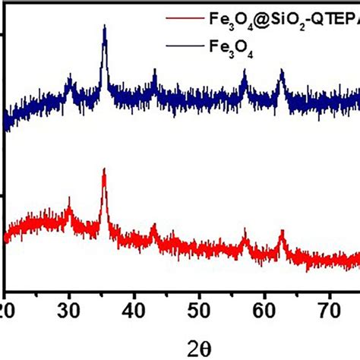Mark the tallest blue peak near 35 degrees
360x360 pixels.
point(104,27)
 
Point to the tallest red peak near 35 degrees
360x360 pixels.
point(103,170)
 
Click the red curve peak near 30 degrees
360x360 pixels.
point(70,199)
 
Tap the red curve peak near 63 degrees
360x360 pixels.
point(282,230)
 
